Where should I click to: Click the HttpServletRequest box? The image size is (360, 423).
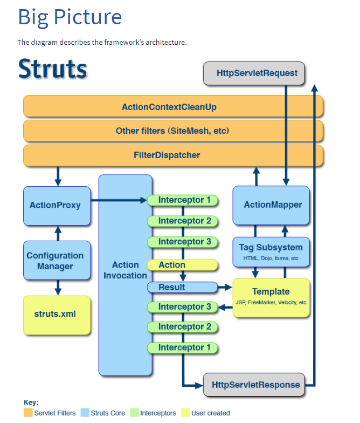[x=254, y=73]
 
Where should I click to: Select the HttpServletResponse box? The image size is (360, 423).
[x=254, y=384]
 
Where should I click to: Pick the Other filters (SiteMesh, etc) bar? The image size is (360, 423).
[x=173, y=131]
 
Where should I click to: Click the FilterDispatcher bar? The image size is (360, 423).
[x=173, y=155]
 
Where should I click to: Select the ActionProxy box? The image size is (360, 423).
[x=57, y=206]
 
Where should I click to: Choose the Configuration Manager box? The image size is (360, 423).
[x=57, y=260]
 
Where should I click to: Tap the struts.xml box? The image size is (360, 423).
[x=57, y=315]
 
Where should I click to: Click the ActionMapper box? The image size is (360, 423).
[x=271, y=205]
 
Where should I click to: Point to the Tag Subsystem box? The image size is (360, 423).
[x=271, y=252]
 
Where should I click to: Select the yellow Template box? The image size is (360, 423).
[x=271, y=298]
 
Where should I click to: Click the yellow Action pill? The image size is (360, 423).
[x=182, y=265]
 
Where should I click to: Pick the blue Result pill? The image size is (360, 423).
[x=182, y=287]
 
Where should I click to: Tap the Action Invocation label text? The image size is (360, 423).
[x=125, y=270]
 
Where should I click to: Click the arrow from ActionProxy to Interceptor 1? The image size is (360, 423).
[x=119, y=200]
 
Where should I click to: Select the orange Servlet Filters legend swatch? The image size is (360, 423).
[x=28, y=412]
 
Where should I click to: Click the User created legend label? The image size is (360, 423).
[x=210, y=413]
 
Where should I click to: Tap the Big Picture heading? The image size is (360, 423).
[x=70, y=17]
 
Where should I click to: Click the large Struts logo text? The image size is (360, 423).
[x=53, y=69]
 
